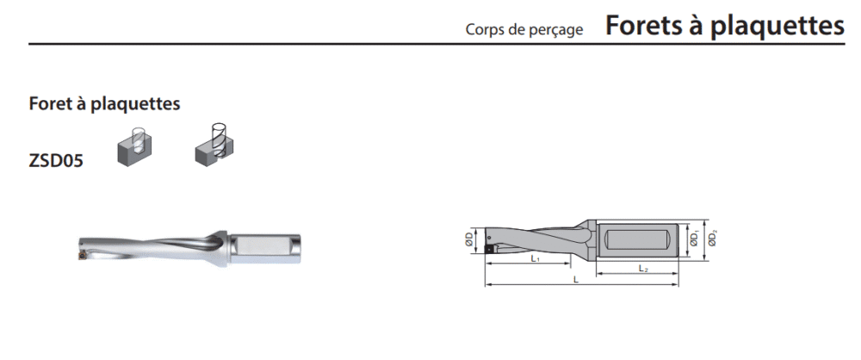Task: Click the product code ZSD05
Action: [x=56, y=162]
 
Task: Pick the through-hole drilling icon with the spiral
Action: [x=214, y=145]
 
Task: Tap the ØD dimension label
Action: [x=469, y=239]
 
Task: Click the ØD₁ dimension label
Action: [x=695, y=239]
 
